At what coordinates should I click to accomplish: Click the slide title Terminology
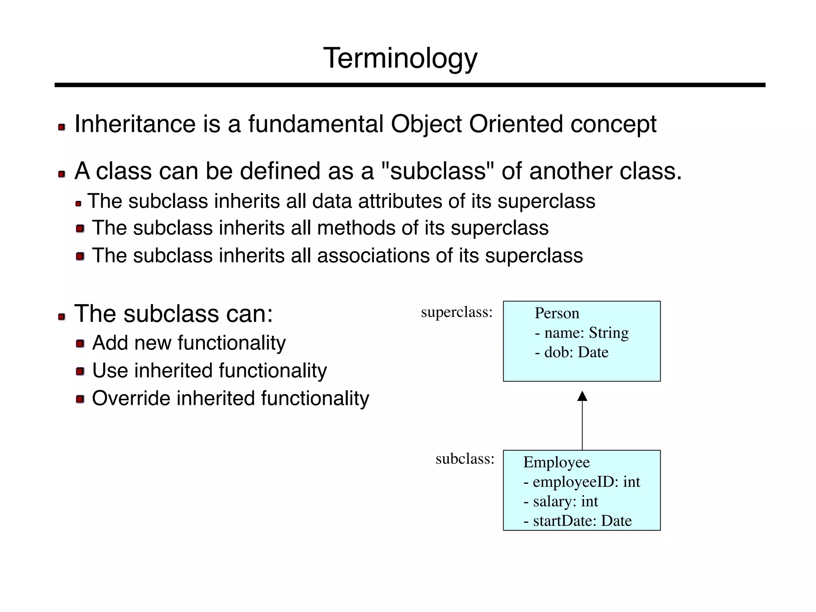click(400, 59)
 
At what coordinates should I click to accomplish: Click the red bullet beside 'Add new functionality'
click(80, 344)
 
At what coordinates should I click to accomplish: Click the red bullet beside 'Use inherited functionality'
click(80, 372)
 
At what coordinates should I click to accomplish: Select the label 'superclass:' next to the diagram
click(457, 312)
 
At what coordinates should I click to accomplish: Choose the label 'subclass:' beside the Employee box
click(465, 459)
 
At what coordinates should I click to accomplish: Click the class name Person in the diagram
click(557, 313)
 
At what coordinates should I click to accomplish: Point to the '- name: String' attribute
click(581, 333)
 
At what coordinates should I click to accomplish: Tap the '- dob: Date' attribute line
click(571, 352)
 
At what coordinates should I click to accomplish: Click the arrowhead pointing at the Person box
click(582, 396)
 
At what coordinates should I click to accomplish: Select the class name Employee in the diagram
click(556, 462)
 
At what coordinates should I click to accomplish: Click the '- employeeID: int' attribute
click(581, 482)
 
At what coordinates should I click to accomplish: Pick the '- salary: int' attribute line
click(561, 501)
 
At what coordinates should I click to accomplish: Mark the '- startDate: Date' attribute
click(577, 521)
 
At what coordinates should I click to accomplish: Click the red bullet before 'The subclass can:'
click(61, 317)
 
